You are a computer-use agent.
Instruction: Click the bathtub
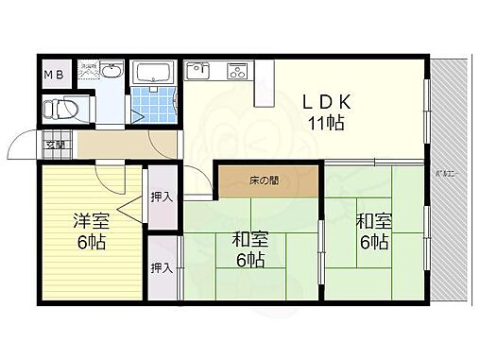click(152, 73)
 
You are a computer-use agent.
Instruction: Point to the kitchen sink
click(200, 69)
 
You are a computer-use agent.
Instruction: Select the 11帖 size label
click(324, 122)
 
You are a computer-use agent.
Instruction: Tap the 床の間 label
click(249, 179)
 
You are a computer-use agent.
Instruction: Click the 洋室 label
click(91, 221)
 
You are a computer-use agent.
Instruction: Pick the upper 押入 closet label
click(162, 197)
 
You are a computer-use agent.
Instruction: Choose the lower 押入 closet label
click(162, 266)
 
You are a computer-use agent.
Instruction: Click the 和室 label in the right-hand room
click(372, 222)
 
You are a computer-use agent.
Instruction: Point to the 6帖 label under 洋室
click(91, 242)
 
